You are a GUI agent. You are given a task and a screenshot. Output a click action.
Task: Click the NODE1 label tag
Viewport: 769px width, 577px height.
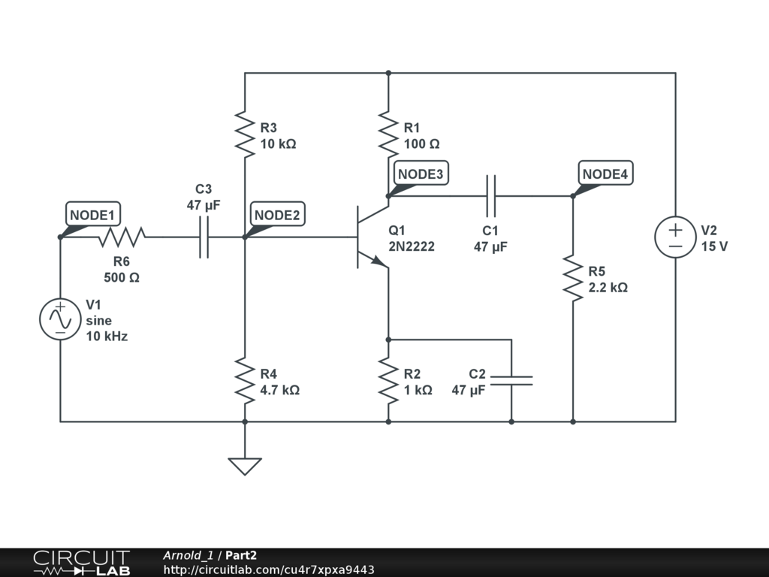click(x=93, y=215)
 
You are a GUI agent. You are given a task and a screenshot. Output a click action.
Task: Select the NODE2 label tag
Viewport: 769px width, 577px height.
click(x=276, y=215)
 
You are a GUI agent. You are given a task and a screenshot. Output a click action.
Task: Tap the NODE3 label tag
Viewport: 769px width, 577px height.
click(x=421, y=174)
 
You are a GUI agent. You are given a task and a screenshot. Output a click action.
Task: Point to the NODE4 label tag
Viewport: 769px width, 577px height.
click(x=605, y=174)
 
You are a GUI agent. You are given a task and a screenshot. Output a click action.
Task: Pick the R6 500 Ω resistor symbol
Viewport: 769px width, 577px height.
click(x=122, y=237)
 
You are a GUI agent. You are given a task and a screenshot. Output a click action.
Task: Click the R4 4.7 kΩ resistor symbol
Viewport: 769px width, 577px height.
click(x=245, y=381)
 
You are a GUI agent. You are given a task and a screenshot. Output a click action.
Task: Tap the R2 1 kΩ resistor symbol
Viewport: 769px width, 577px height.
click(x=388, y=381)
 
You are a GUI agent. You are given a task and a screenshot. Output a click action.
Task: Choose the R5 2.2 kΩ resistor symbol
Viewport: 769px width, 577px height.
click(x=573, y=279)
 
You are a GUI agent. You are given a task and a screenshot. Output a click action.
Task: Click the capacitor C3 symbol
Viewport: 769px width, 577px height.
click(x=204, y=237)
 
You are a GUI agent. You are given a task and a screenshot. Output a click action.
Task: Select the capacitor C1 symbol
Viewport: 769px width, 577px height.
click(x=491, y=196)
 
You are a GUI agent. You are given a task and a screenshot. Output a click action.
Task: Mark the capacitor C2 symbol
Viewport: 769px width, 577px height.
click(x=511, y=381)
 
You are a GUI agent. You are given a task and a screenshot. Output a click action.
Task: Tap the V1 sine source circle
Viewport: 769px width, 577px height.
click(x=60, y=319)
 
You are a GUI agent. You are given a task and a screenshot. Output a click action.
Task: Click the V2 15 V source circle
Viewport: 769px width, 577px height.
click(x=675, y=237)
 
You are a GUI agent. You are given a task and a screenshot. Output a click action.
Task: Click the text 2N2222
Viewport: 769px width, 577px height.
click(x=412, y=246)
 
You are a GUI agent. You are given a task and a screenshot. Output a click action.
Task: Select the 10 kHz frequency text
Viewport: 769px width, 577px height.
click(x=107, y=337)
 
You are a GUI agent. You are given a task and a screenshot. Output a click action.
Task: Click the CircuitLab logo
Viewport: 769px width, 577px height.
click(x=81, y=563)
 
